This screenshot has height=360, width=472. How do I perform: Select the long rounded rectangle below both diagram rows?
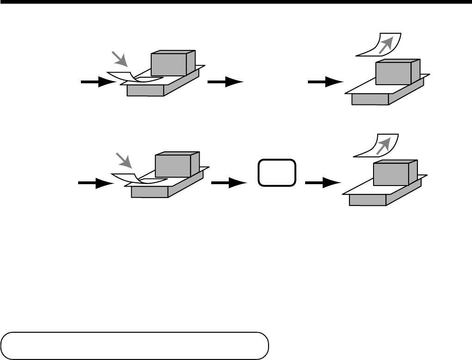point(135,345)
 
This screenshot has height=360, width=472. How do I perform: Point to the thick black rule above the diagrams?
point(236,2)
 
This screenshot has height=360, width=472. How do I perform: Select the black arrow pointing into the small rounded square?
point(228,183)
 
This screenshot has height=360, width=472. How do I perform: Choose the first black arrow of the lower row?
point(95,183)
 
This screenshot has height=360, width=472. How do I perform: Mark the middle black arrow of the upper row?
point(225,82)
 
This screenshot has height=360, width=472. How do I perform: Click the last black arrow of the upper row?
point(325,82)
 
